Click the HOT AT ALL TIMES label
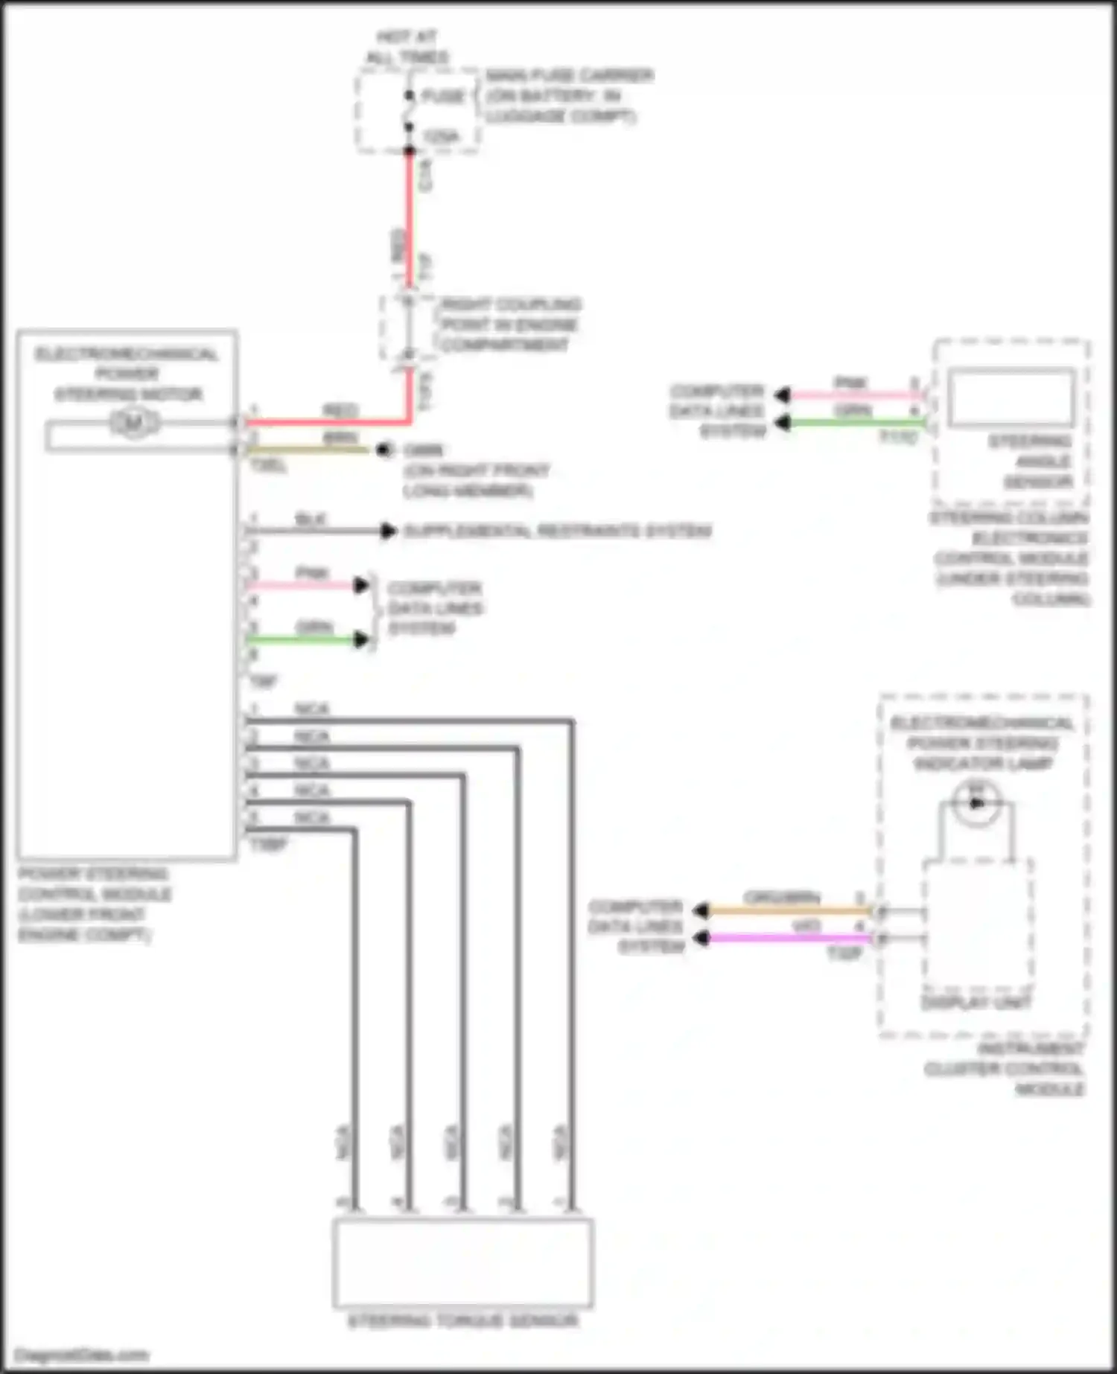[407, 46]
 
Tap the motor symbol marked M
[134, 423]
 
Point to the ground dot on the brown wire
[384, 450]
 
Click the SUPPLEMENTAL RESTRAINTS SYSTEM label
[557, 531]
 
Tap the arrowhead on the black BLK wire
[387, 531]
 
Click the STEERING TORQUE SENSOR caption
[462, 1321]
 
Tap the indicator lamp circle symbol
[977, 802]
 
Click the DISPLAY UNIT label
[976, 1003]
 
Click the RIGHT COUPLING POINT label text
[510, 325]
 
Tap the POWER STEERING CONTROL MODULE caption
[94, 904]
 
